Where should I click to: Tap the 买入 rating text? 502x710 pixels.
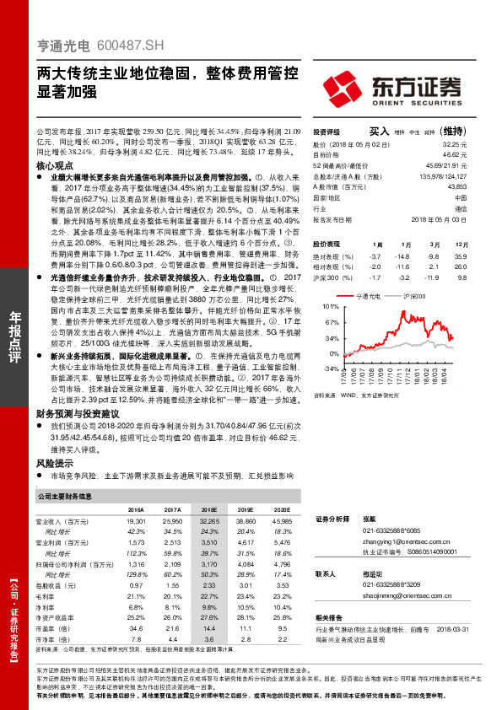pos(380,132)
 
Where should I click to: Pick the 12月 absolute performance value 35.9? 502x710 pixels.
pos(458,254)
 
